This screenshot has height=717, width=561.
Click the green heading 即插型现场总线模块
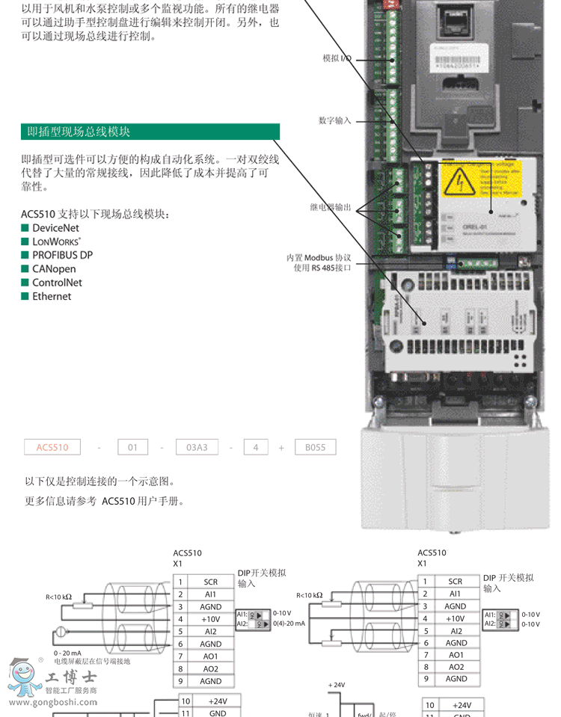[x=79, y=132]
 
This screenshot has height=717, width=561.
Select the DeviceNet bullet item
[x=55, y=228]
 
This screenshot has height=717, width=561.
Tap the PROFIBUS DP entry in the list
[x=62, y=255]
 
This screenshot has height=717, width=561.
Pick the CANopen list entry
[x=53, y=269]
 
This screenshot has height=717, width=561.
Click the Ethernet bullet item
[x=51, y=296]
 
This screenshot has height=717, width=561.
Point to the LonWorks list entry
[x=56, y=241]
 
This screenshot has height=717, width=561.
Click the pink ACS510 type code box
[x=52, y=448]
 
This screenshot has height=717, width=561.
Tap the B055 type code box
[x=315, y=448]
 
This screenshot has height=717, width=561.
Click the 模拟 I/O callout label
[x=337, y=58]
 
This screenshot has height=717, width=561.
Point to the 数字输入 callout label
[x=334, y=120]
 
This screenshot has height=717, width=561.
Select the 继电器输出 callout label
[x=330, y=207]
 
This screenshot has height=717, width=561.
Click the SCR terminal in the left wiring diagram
[x=211, y=581]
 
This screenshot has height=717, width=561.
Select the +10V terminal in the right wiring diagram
[x=455, y=618]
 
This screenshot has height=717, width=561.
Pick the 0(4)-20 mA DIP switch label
[x=289, y=624]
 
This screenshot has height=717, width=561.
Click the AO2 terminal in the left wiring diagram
[x=211, y=668]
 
